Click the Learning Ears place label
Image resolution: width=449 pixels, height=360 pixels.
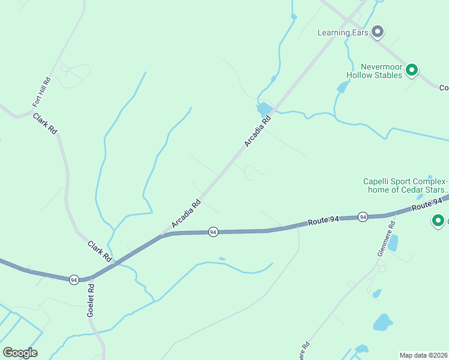pyautogui.click(x=342, y=32)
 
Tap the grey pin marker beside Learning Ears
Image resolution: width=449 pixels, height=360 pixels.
pyautogui.click(x=378, y=31)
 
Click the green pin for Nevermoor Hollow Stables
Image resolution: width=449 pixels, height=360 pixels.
pyautogui.click(x=412, y=70)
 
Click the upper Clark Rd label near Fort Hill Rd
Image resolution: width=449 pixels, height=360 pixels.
pyautogui.click(x=45, y=123)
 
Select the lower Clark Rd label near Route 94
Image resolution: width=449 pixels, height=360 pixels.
pyautogui.click(x=100, y=251)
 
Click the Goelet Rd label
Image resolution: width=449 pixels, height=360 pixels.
pyautogui.click(x=91, y=300)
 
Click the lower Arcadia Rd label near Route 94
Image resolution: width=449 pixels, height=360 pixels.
pyautogui.click(x=185, y=214)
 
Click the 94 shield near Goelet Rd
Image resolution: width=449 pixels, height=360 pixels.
pyautogui.click(x=73, y=280)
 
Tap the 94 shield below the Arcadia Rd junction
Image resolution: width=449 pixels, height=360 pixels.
pyautogui.click(x=212, y=232)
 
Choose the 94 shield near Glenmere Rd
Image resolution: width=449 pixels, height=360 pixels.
pyautogui.click(x=363, y=216)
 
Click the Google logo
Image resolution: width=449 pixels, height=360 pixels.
pyautogui.click(x=20, y=353)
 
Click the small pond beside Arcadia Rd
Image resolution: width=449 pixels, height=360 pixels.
pyautogui.click(x=264, y=109)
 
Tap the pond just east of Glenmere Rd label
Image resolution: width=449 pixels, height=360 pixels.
pyautogui.click(x=393, y=242)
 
